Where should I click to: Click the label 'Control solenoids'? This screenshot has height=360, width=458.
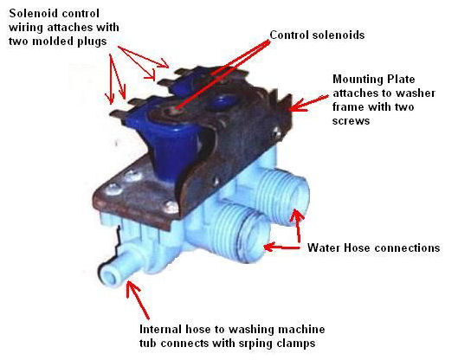pos(317,35)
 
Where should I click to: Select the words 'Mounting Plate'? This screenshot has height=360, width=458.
pos(374,79)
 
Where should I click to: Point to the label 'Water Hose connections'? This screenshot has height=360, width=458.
pos(373,247)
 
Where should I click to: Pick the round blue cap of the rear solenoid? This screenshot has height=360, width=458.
pos(221,101)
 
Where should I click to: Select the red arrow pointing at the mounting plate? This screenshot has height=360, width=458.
pos(308,103)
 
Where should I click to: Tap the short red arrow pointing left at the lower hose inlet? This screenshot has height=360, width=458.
pos(282,247)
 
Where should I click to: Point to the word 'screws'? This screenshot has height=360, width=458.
pos(351,120)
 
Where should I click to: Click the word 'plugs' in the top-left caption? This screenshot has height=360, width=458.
pos(92,42)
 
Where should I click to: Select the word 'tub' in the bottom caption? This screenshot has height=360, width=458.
pos(148,343)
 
